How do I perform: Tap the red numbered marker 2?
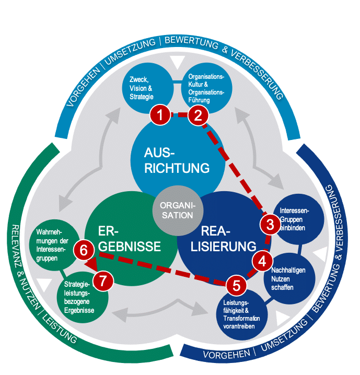pyautogui.click(x=198, y=116)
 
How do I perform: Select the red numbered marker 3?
pyautogui.click(x=270, y=224)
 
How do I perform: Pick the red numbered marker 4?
pyautogui.click(x=262, y=259)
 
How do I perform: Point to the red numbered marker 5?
pyautogui.click(x=236, y=285)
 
